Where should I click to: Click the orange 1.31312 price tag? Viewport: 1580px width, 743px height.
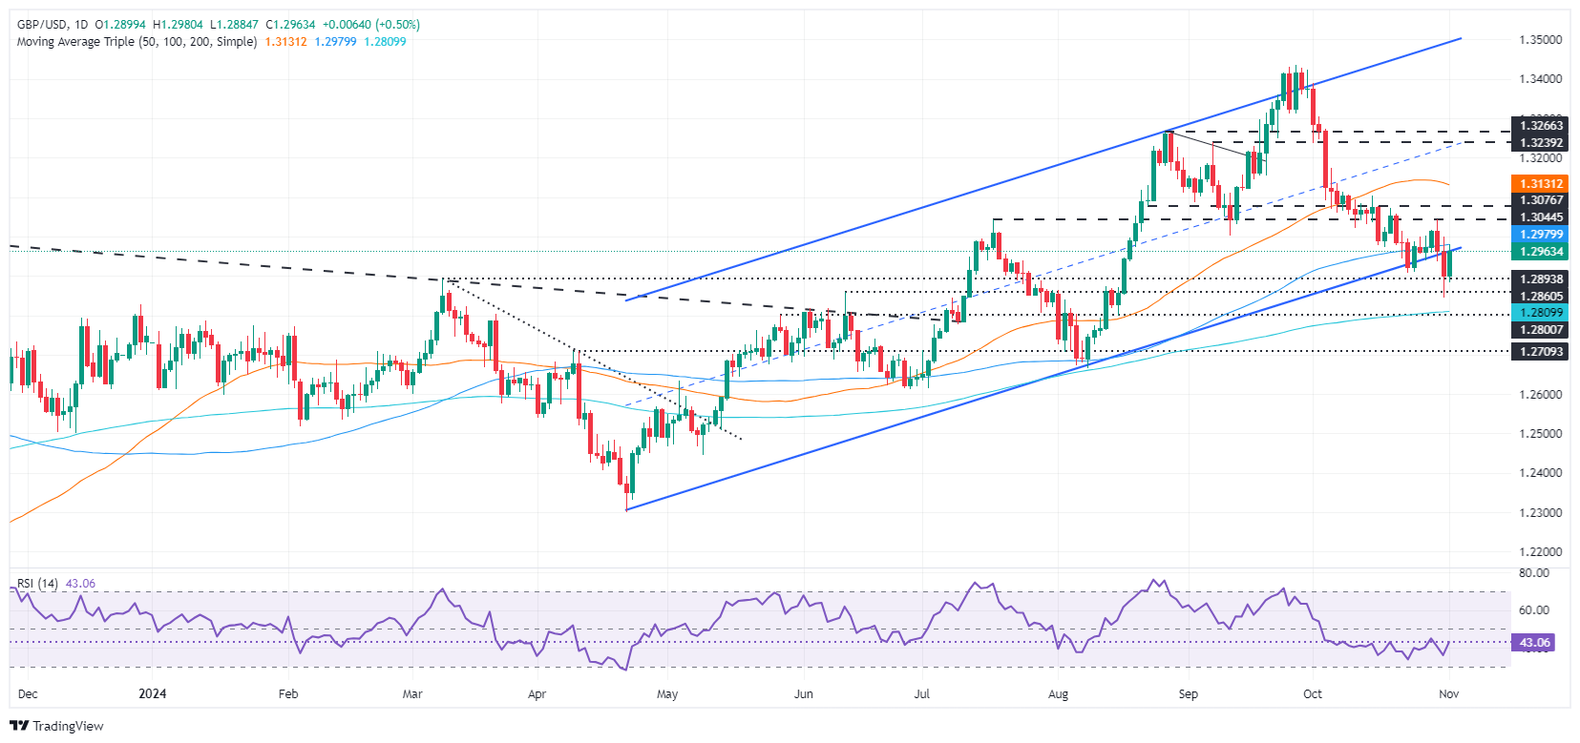tap(1541, 184)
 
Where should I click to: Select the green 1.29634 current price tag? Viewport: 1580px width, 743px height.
tap(1541, 252)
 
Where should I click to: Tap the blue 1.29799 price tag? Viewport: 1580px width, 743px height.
tap(1541, 235)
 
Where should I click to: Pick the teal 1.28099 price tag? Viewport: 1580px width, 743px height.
tap(1541, 313)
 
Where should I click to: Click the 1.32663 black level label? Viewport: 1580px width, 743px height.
tap(1541, 126)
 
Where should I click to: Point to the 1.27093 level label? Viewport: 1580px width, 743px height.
tap(1541, 352)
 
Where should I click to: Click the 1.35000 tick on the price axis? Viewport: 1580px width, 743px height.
tap(1540, 40)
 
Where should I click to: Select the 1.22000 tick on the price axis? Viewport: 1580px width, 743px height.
tap(1540, 552)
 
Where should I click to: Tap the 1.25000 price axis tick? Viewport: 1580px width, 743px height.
tap(1540, 434)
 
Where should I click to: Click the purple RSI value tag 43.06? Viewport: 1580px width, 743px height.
tap(1534, 643)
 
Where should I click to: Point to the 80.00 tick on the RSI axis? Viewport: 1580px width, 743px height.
tap(1533, 573)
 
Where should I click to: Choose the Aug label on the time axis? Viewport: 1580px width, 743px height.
tap(1057, 694)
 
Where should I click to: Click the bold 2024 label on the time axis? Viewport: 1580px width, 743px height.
tap(152, 694)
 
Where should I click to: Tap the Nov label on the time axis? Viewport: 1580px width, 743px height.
tap(1448, 694)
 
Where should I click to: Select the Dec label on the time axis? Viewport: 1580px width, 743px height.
tap(28, 694)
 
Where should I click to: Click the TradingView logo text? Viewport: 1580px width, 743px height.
tap(67, 727)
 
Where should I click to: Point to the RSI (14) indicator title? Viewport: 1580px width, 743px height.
tap(37, 584)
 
